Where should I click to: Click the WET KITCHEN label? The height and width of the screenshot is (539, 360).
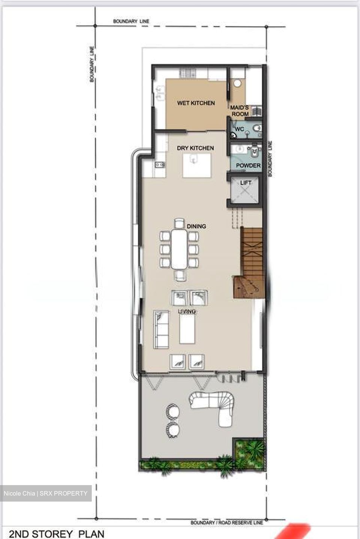(196, 103)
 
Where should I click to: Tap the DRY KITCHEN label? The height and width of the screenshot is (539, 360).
(195, 148)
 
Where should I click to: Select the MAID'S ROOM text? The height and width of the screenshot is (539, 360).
(240, 111)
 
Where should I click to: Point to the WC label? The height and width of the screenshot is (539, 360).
(239, 129)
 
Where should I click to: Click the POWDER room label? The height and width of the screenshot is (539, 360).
(248, 165)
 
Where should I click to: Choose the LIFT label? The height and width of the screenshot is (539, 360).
(246, 183)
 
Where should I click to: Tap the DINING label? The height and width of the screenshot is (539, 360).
(196, 226)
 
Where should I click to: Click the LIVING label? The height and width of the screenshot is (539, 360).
(186, 311)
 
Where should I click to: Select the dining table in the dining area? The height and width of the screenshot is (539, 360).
(180, 249)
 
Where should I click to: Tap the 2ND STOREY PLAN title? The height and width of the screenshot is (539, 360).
(57, 533)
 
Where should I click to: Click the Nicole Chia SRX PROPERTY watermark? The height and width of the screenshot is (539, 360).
(45, 493)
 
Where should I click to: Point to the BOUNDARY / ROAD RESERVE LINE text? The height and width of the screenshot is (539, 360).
(227, 522)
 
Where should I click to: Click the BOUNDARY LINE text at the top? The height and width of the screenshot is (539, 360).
(131, 21)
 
